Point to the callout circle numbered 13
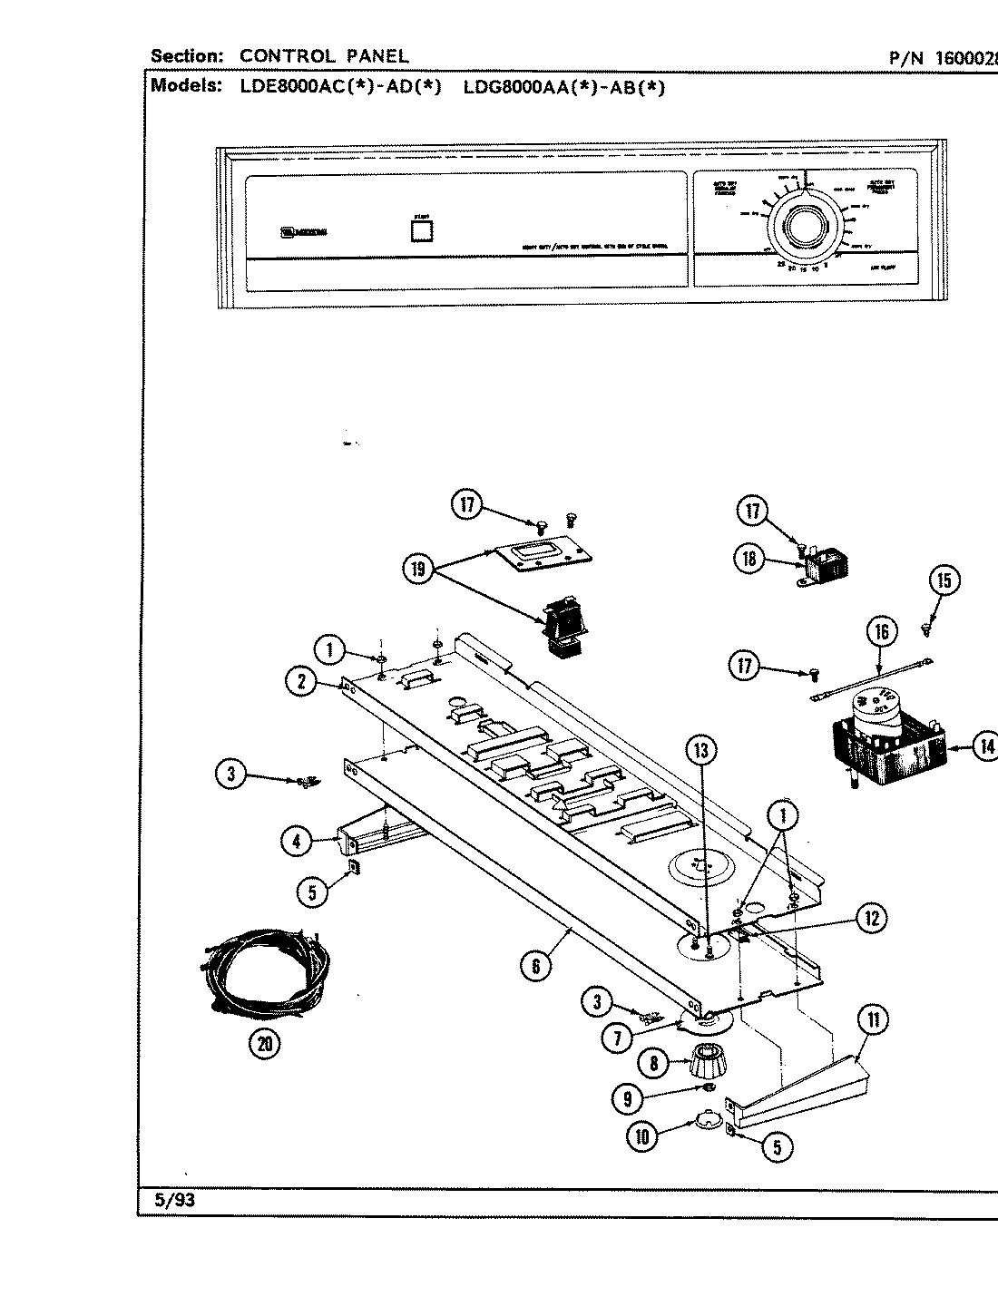tap(700, 750)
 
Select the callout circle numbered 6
tap(535, 968)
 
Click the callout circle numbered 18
tap(749, 560)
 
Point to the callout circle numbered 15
tap(944, 580)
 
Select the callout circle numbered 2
tap(300, 681)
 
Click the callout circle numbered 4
tap(296, 842)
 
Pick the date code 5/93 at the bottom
tap(174, 1200)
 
